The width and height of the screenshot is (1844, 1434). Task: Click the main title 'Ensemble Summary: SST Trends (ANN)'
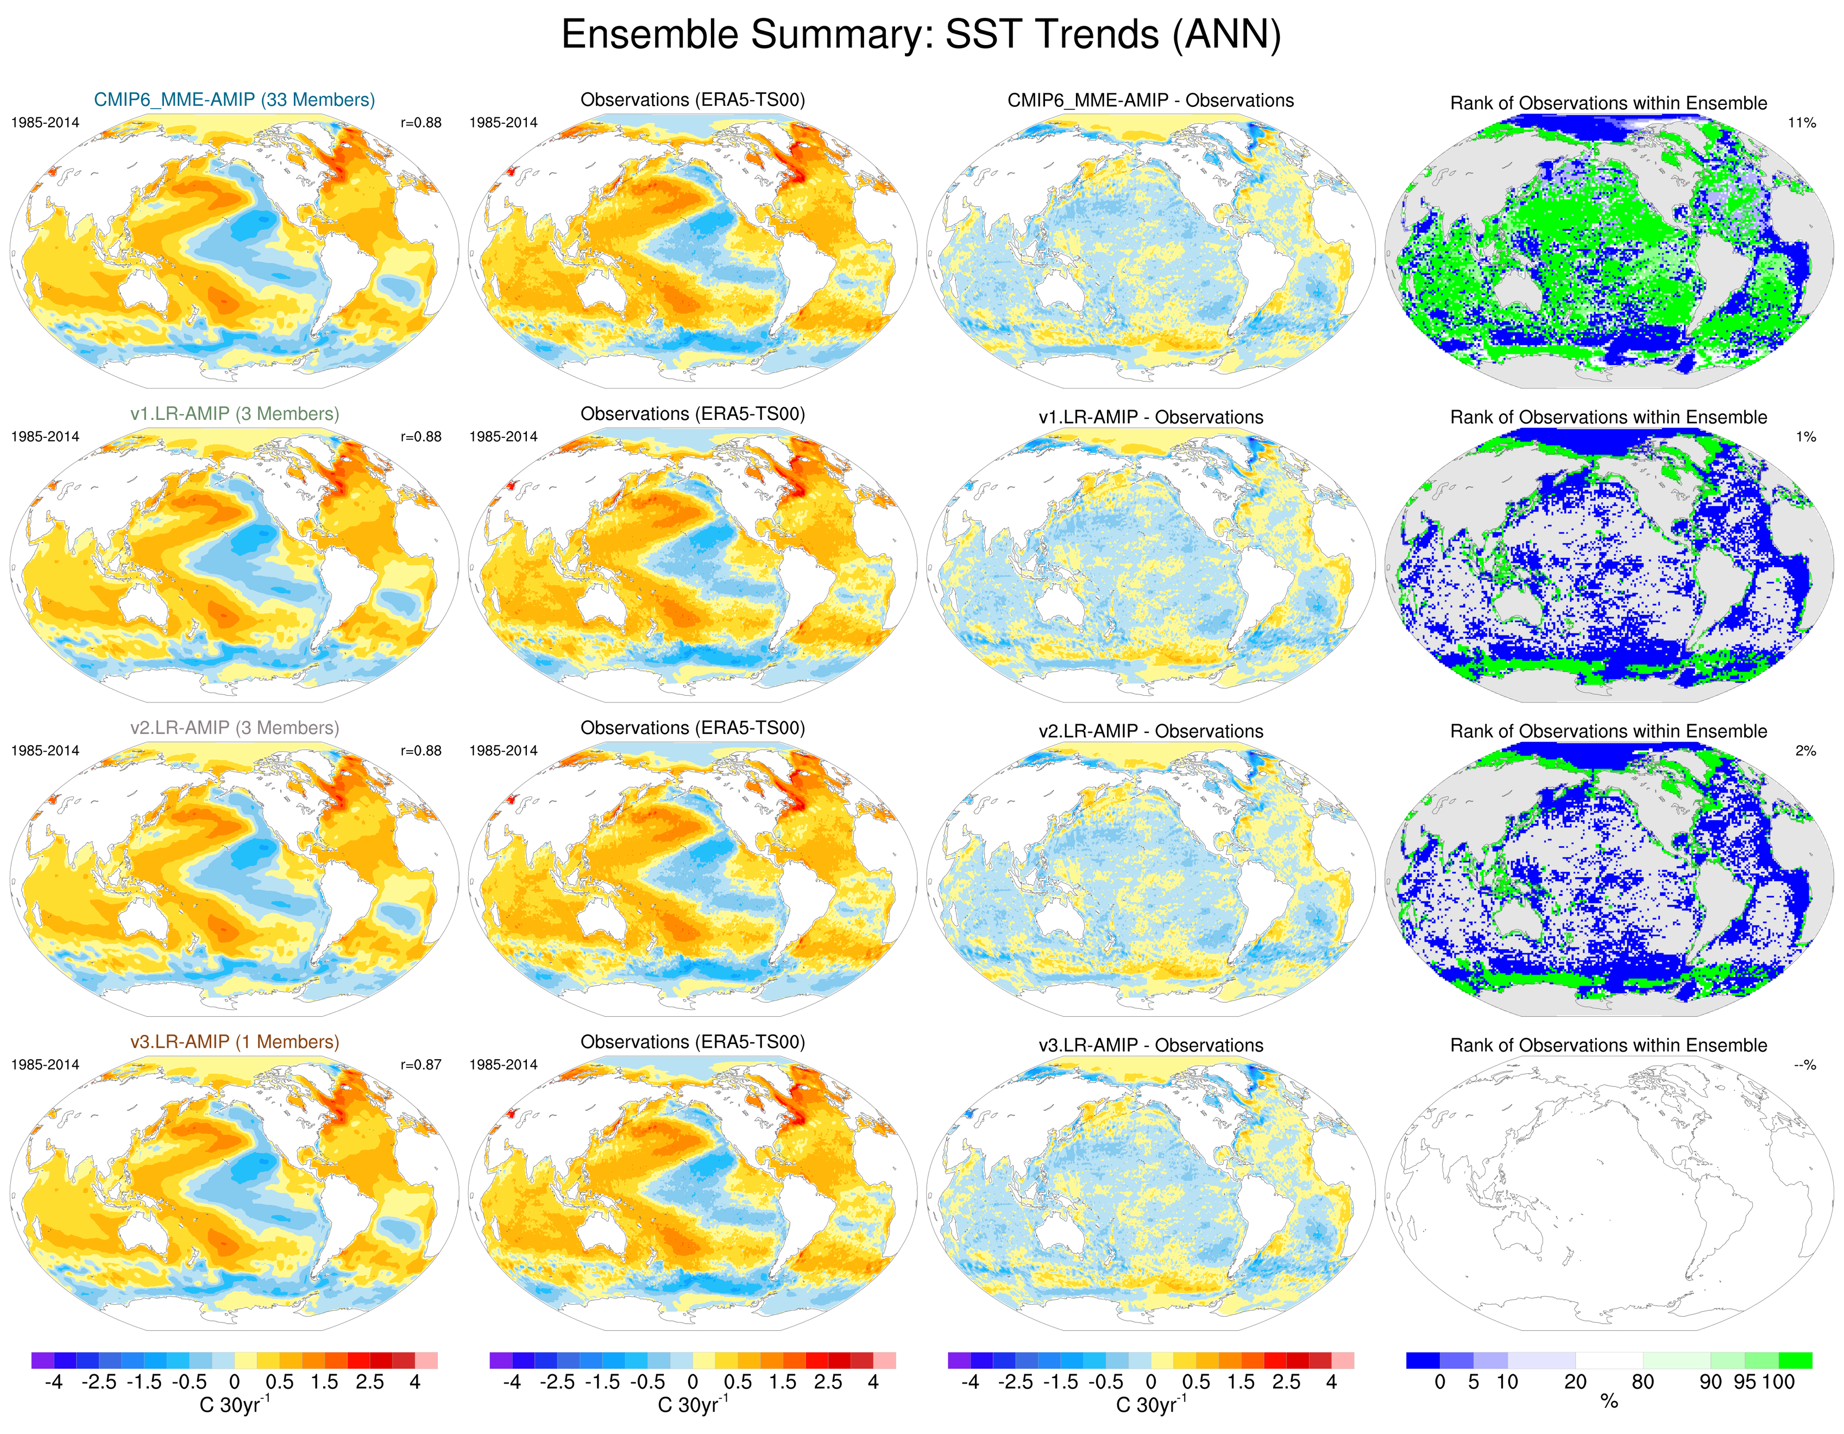click(921, 35)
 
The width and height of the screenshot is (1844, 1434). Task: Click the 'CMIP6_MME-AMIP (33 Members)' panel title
click(234, 99)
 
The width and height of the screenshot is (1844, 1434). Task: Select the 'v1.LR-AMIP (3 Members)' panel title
click(234, 414)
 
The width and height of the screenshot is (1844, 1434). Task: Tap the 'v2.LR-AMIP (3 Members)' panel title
click(234, 728)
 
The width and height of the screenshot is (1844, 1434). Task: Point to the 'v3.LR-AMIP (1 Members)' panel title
click(234, 1042)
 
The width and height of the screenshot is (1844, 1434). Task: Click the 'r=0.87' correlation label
click(420, 1065)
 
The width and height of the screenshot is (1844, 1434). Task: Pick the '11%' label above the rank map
click(1802, 122)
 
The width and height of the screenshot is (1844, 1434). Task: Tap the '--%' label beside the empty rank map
click(1804, 1065)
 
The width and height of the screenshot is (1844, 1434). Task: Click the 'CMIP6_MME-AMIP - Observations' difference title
click(1150, 100)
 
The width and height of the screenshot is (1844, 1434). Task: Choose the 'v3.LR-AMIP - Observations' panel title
click(1150, 1046)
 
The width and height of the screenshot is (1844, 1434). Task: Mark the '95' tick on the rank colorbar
click(1745, 1382)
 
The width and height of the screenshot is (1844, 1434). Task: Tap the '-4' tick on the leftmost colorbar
click(53, 1382)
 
